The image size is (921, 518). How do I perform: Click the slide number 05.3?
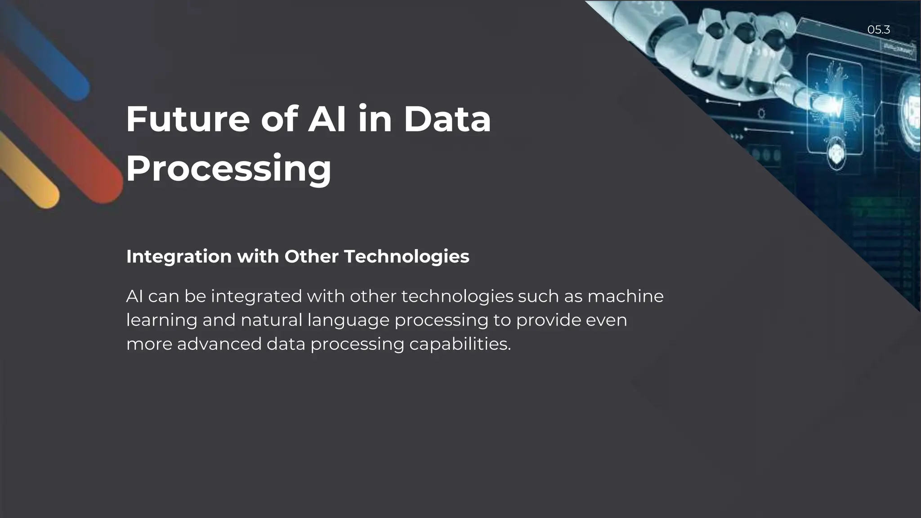click(878, 30)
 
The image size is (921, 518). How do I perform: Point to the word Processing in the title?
click(228, 169)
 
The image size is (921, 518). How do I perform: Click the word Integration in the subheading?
click(179, 257)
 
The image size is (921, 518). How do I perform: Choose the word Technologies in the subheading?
click(407, 257)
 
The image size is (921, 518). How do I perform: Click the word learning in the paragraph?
click(161, 321)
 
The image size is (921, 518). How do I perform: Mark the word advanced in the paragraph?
click(219, 344)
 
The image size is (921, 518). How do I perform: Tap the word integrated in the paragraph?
click(256, 297)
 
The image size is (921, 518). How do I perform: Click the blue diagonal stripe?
click(49, 54)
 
